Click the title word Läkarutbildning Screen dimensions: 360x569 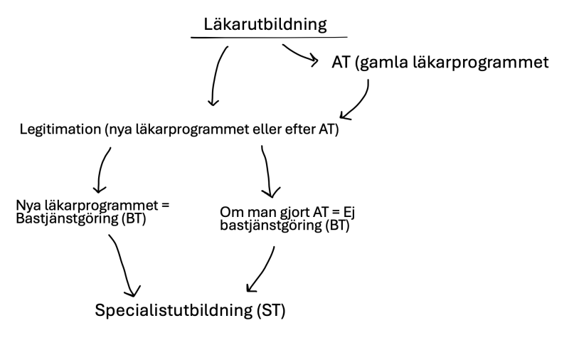tap(265, 24)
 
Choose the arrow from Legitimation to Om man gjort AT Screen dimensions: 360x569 tap(267, 171)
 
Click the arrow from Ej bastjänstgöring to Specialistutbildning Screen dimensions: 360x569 tap(263, 269)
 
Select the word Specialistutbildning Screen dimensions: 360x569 tap(171, 311)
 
